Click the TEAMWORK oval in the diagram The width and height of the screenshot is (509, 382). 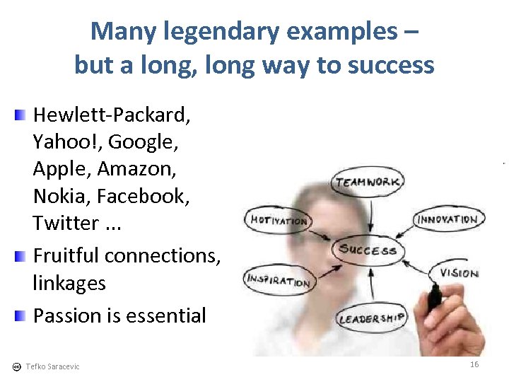coord(368,183)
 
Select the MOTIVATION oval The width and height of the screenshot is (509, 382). coord(279,220)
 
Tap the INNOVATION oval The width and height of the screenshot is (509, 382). coord(447,219)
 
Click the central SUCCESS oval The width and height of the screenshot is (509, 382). coord(368,249)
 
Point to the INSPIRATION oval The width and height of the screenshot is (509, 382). coord(279,279)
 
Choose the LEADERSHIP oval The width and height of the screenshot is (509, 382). coord(372,318)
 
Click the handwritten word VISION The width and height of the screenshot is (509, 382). coord(459,273)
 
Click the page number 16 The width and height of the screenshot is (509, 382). coord(474,364)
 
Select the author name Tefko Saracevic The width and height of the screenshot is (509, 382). coord(52,366)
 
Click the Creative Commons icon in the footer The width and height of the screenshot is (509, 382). coord(16,366)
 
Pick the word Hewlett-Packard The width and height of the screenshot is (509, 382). coord(112,114)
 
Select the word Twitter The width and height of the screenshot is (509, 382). coord(66,223)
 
